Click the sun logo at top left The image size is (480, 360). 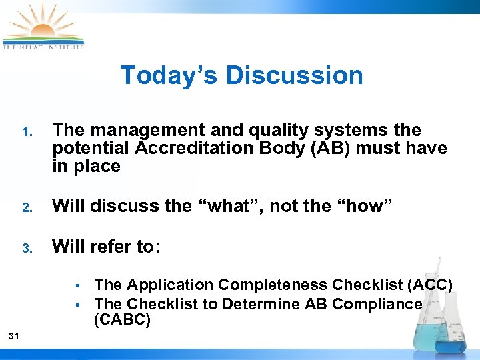(43, 25)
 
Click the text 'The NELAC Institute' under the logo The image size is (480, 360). (43, 47)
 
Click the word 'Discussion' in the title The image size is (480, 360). (294, 75)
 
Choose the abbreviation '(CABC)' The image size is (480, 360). (123, 320)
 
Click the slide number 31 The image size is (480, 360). (14, 337)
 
